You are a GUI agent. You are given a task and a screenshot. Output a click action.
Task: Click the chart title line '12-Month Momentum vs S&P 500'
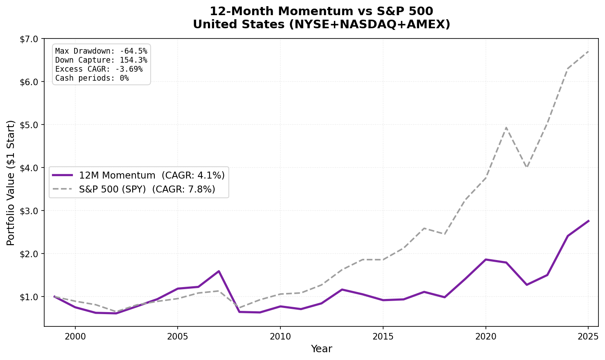pyautogui.click(x=321, y=11)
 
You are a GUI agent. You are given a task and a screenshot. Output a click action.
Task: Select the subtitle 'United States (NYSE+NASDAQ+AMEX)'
pyautogui.click(x=321, y=25)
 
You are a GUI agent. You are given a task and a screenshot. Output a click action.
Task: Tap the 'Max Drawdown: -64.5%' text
pyautogui.click(x=101, y=51)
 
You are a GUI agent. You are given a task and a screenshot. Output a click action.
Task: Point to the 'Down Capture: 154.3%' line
pyautogui.click(x=101, y=60)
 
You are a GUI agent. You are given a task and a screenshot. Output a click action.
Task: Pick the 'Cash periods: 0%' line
pyautogui.click(x=92, y=78)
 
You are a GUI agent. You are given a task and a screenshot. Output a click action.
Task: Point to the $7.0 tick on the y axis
pyautogui.click(x=28, y=39)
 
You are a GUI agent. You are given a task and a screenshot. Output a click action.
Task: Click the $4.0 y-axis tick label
pyautogui.click(x=28, y=168)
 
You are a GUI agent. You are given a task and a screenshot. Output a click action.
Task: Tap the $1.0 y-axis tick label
pyautogui.click(x=28, y=297)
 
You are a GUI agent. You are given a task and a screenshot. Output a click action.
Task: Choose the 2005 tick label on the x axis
pyautogui.click(x=178, y=336)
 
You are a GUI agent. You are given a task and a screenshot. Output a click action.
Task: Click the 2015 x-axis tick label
pyautogui.click(x=383, y=336)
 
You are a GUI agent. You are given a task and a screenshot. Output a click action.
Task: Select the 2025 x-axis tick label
pyautogui.click(x=588, y=336)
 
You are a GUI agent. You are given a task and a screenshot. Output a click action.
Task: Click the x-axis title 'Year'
pyautogui.click(x=321, y=349)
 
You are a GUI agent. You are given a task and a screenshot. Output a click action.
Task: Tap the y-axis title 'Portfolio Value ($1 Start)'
pyautogui.click(x=11, y=183)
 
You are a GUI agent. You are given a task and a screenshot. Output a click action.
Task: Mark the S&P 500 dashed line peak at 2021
pyautogui.click(x=506, y=127)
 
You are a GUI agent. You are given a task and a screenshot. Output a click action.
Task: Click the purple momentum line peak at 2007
pyautogui.click(x=219, y=271)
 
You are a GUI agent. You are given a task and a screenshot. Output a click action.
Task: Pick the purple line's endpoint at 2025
pyautogui.click(x=588, y=221)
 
